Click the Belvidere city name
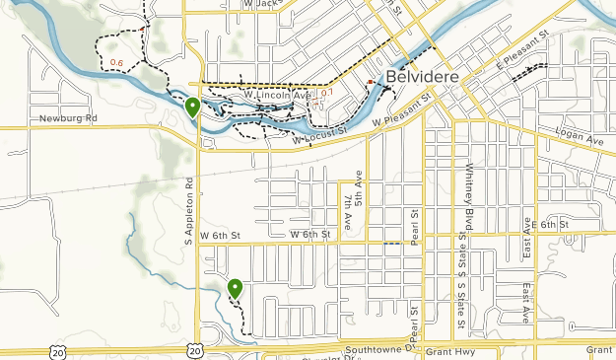[423, 76]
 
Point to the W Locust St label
[320, 136]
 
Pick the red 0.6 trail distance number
[117, 64]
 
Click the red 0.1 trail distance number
[327, 93]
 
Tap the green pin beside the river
[193, 108]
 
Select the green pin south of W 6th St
[236, 288]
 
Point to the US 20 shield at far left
[59, 350]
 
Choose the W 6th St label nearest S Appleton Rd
[219, 235]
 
